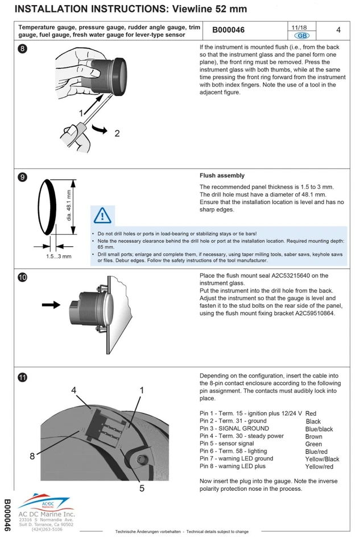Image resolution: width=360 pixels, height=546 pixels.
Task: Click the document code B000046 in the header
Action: click(x=228, y=30)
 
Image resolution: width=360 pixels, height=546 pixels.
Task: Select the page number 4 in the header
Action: click(x=338, y=30)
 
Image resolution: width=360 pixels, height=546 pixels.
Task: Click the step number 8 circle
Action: click(x=22, y=48)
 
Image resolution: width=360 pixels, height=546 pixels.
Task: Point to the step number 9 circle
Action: click(x=22, y=177)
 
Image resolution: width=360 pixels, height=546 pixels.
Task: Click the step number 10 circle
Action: click(x=22, y=278)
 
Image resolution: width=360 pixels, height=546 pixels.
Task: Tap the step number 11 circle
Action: click(x=22, y=377)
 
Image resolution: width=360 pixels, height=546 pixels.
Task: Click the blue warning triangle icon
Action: click(x=103, y=216)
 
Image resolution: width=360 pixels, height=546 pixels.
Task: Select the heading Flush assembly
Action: click(x=222, y=176)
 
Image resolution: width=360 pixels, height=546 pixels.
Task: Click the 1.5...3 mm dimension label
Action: click(x=59, y=257)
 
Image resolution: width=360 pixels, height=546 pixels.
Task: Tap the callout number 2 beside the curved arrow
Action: click(x=117, y=134)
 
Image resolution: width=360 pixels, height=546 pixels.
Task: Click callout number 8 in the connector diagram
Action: click(x=32, y=456)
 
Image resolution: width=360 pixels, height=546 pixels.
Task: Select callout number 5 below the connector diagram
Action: click(x=142, y=487)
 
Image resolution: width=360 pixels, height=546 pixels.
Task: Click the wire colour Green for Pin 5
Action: click(x=313, y=444)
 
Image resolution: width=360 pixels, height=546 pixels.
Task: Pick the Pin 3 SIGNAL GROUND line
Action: click(x=234, y=428)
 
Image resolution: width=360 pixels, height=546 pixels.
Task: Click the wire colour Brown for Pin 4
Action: click(x=313, y=436)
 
